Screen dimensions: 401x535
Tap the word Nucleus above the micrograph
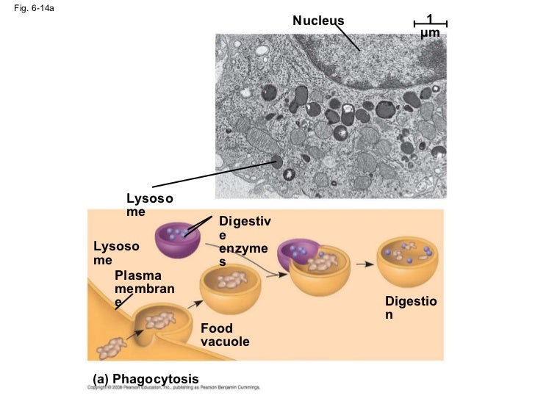tap(318, 20)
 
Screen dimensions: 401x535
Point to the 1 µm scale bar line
tap(431, 24)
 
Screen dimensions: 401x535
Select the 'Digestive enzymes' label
tap(245, 242)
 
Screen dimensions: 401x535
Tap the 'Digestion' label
tap(410, 308)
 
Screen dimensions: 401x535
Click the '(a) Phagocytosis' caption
tap(146, 379)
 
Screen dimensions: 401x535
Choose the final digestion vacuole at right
tap(408, 262)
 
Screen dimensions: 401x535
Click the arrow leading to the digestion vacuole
tap(362, 261)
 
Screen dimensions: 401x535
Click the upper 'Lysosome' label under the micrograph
tap(150, 205)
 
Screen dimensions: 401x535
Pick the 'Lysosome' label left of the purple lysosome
tap(115, 253)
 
